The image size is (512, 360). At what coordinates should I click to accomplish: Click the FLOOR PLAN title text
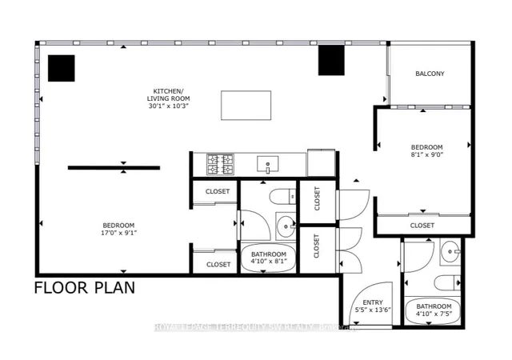[84, 287]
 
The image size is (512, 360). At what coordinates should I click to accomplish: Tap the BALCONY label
[430, 74]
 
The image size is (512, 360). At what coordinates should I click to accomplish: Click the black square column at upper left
[61, 68]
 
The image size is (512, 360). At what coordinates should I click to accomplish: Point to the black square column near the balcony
[330, 59]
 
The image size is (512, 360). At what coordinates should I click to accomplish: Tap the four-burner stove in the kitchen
[218, 164]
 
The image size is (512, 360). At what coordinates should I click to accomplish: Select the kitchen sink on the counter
[266, 165]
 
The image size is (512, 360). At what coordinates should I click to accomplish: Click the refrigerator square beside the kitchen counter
[321, 162]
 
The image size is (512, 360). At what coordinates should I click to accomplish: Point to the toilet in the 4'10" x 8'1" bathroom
[280, 197]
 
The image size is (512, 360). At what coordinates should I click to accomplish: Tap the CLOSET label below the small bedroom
[422, 226]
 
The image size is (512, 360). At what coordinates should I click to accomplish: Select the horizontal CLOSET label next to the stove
[218, 192]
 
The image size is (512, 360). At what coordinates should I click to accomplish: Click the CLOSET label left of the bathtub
[218, 264]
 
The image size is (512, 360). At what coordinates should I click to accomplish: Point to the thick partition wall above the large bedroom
[114, 167]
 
